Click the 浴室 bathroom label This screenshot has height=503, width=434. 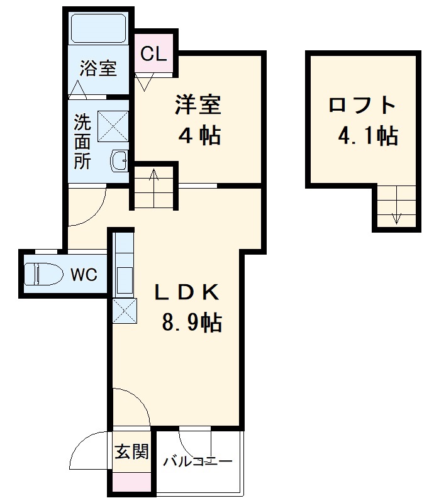click(99, 68)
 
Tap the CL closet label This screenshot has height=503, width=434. click(153, 54)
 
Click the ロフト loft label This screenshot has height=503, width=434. click(363, 104)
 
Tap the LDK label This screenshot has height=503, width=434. click(188, 292)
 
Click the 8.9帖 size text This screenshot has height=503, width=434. click(191, 323)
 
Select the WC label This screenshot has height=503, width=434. click(84, 275)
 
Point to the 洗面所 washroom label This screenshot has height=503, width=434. click(82, 141)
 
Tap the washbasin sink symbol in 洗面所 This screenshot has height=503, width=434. click(119, 160)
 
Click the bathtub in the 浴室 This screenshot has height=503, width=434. click(99, 28)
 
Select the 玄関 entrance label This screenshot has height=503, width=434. click(131, 451)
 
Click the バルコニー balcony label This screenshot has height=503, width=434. click(198, 462)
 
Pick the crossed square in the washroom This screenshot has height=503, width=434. click(113, 126)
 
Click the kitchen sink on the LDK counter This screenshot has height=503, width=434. click(124, 277)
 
